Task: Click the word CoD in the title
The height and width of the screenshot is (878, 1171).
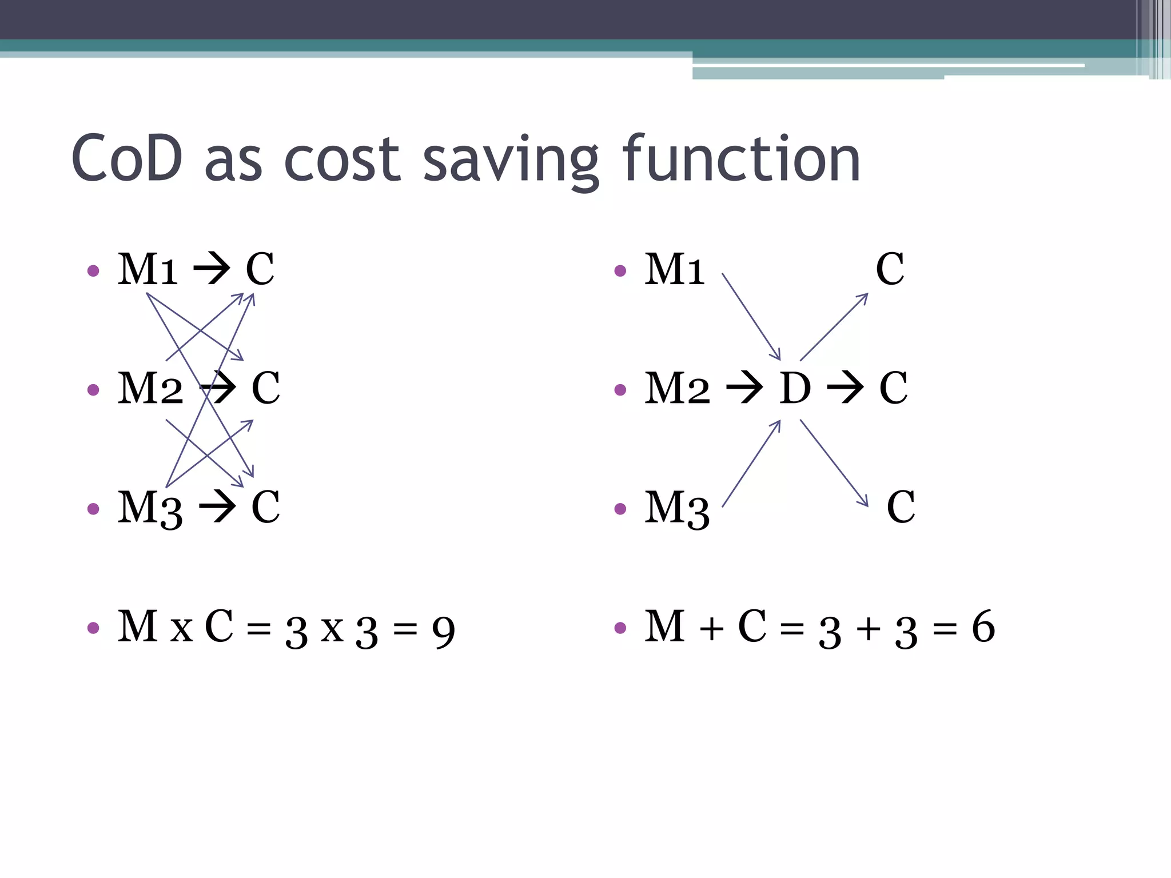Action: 127,158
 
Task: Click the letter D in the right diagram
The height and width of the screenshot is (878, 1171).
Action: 795,388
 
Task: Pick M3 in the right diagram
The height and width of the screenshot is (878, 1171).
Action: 677,508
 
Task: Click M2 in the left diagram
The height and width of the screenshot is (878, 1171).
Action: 150,388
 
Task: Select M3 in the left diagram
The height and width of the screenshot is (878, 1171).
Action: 150,508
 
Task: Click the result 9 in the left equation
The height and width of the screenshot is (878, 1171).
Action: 443,632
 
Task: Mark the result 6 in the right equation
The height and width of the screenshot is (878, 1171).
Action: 983,627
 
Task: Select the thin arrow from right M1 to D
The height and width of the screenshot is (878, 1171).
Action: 751,316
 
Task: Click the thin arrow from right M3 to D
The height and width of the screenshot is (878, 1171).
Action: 751,464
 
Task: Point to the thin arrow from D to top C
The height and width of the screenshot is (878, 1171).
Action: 834,327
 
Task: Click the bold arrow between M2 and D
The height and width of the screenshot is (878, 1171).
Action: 744,388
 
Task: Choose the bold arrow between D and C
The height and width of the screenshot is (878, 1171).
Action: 845,388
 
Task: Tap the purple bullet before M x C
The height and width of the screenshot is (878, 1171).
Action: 93,628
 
